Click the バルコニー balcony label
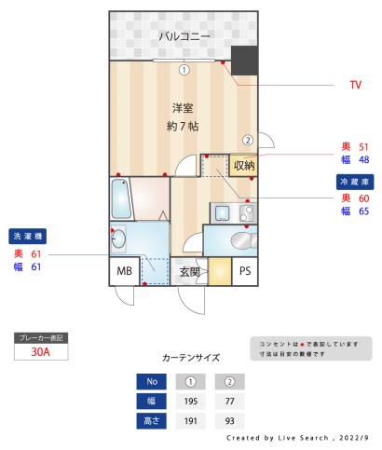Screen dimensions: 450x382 click(x=184, y=36)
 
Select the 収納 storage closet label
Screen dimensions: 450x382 click(x=243, y=165)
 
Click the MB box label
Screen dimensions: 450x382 click(x=123, y=271)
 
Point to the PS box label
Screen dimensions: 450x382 click(x=244, y=271)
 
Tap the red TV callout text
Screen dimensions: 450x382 click(x=355, y=86)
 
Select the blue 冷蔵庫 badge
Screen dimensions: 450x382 click(x=354, y=182)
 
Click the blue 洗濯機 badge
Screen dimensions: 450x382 click(x=29, y=236)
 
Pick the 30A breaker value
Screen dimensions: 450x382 click(x=41, y=352)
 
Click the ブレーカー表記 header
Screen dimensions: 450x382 click(x=41, y=337)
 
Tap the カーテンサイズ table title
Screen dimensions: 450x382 click(x=190, y=357)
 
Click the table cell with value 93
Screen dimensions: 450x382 click(x=229, y=420)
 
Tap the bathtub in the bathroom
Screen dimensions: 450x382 click(x=122, y=198)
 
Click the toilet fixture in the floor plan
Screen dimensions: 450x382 click(x=241, y=240)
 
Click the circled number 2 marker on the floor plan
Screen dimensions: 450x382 click(x=247, y=140)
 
